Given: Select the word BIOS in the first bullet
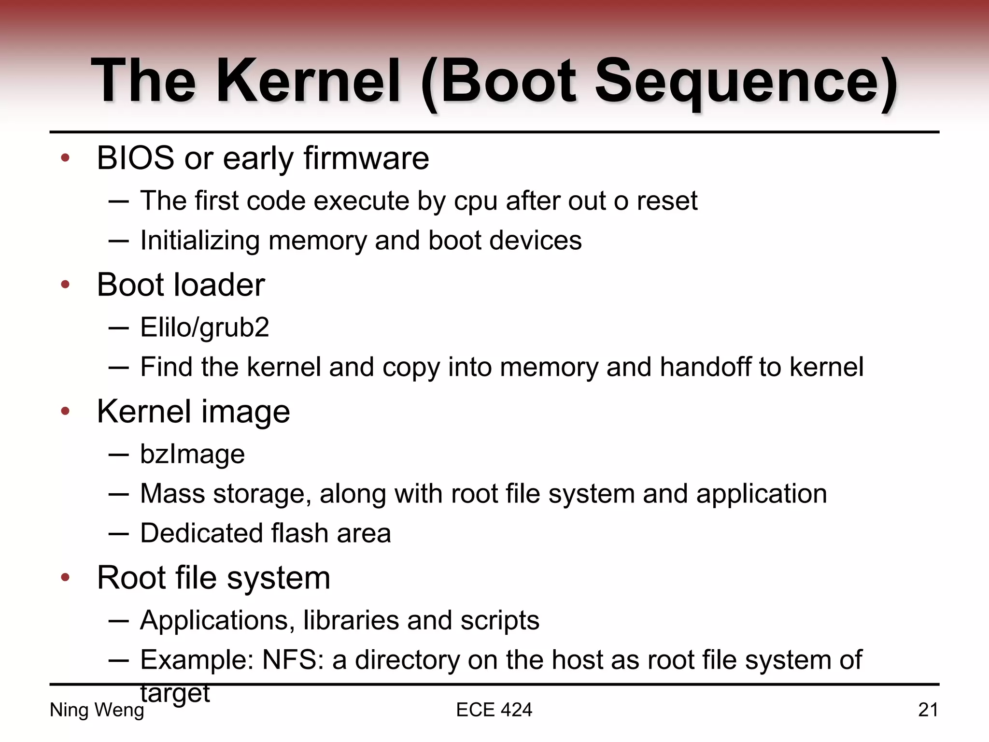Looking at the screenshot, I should [135, 158].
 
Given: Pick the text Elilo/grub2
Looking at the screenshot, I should [204, 328].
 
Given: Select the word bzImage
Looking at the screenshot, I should [192, 455].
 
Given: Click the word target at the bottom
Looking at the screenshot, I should [175, 694].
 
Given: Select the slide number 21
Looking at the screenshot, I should [928, 710].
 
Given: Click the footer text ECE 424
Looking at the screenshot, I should [494, 710].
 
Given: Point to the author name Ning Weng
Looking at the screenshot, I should [97, 710].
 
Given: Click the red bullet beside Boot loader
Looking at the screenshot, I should [66, 285].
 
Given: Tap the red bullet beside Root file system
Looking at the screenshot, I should [66, 577].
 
